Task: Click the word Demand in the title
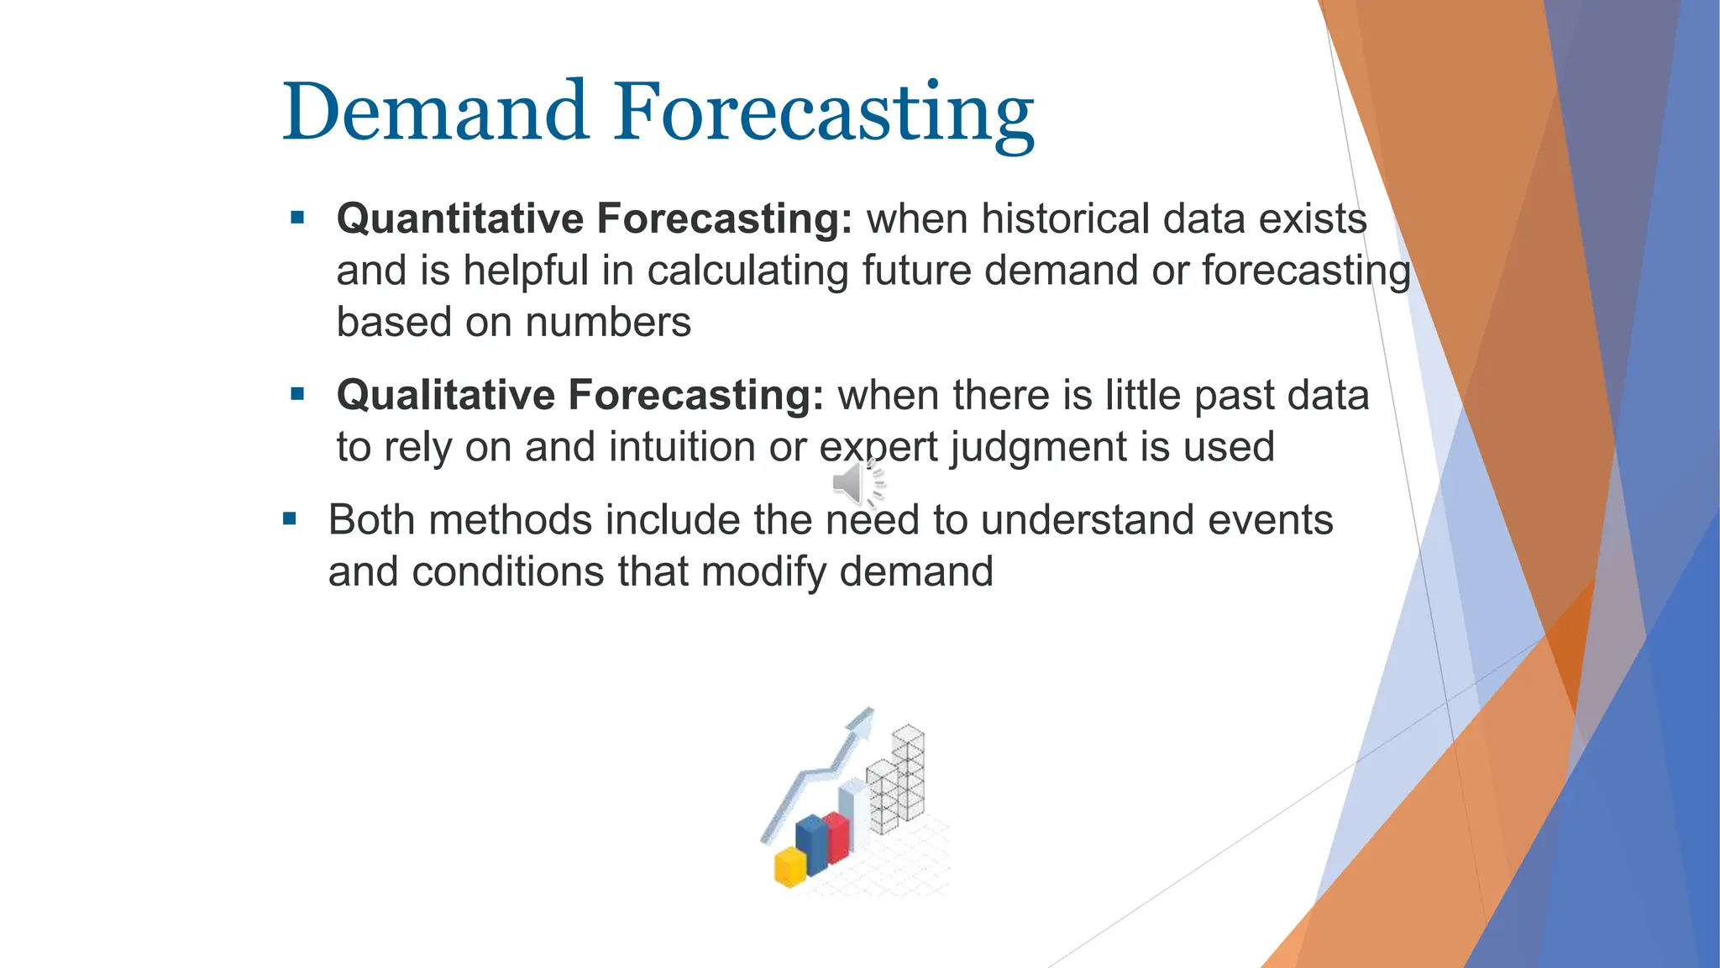click(x=434, y=112)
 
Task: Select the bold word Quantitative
click(x=459, y=218)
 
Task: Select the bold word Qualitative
click(x=445, y=395)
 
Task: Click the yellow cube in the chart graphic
click(x=789, y=867)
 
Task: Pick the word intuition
click(x=682, y=447)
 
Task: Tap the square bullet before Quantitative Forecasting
click(x=297, y=218)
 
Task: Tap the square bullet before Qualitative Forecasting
click(x=297, y=394)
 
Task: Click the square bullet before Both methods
click(x=290, y=519)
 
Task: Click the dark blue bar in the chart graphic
click(x=810, y=844)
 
